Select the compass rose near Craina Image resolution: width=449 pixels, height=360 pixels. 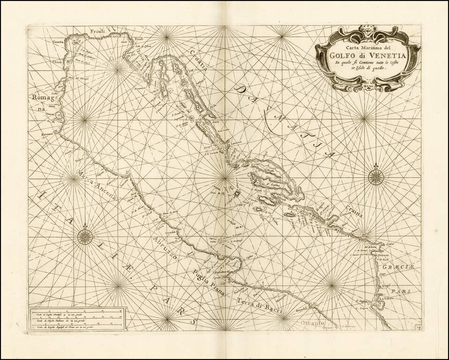[x=376, y=176]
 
